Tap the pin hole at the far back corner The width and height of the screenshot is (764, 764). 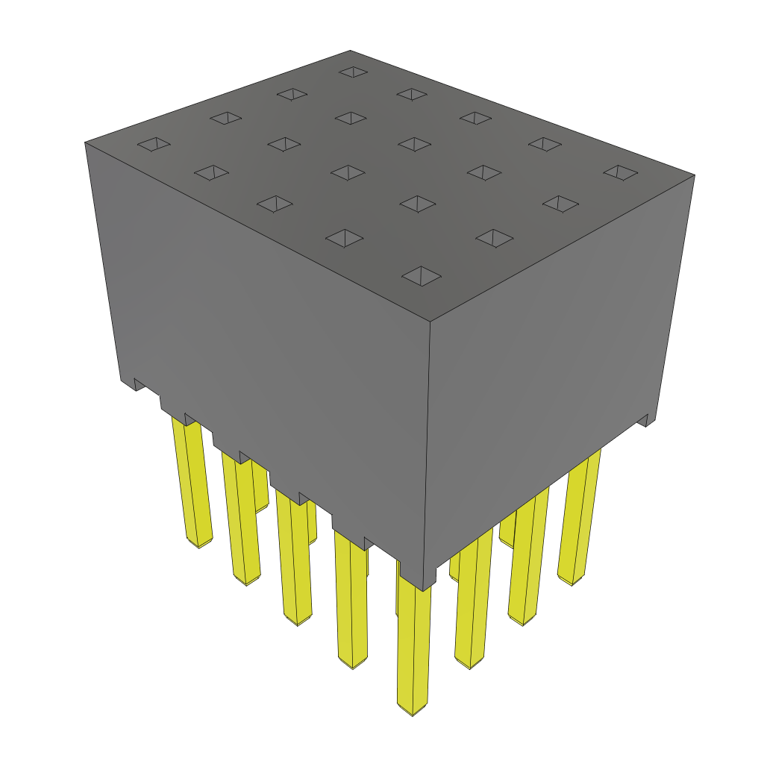(x=352, y=72)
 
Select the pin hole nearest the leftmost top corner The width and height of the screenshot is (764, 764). (x=154, y=145)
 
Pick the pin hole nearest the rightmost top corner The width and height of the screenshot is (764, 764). (x=620, y=172)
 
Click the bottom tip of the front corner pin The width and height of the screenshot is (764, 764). (x=413, y=709)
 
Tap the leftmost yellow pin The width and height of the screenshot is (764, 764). (x=194, y=485)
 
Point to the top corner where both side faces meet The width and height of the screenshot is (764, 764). (x=430, y=322)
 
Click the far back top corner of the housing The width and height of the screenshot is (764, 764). (x=351, y=51)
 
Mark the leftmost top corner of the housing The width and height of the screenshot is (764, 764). (x=85, y=142)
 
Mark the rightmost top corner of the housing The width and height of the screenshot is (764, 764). (x=695, y=176)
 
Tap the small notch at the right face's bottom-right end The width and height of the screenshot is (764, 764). (x=646, y=421)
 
